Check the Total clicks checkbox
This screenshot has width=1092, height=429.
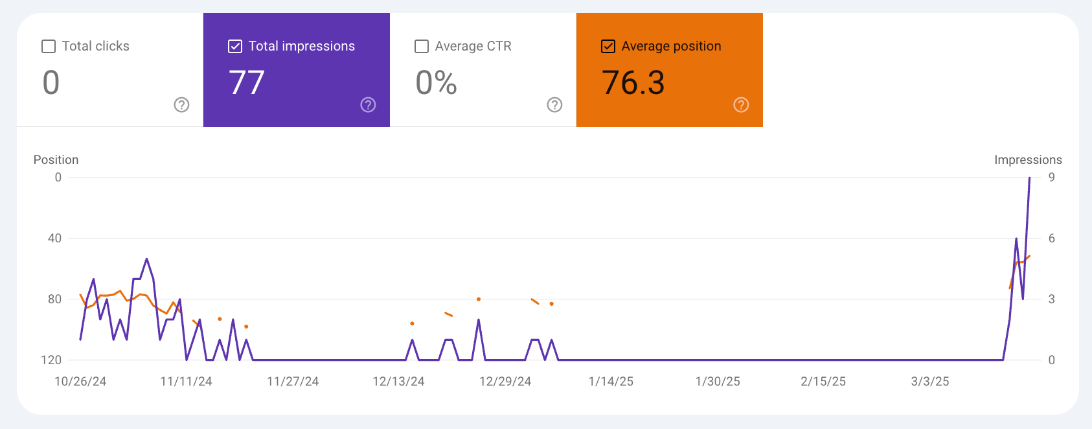(49, 47)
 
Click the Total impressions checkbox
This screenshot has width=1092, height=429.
(235, 47)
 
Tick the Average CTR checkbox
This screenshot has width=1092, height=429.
(422, 47)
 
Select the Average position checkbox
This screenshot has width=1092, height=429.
(608, 47)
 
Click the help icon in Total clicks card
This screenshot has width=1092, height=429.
(181, 105)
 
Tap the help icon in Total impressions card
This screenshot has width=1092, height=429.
(368, 105)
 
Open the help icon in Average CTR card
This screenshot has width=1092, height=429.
(554, 105)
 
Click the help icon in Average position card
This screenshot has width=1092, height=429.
(741, 105)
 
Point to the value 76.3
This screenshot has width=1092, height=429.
(633, 83)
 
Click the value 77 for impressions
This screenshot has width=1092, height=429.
(246, 83)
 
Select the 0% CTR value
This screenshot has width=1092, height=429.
(436, 83)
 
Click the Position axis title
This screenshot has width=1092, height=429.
(56, 160)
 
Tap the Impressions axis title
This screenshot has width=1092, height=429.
(1028, 160)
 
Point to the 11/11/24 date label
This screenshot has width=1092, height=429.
(186, 382)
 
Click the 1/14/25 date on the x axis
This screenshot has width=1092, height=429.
(611, 382)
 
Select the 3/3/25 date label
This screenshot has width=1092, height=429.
(930, 382)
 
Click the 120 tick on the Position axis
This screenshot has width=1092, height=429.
(51, 360)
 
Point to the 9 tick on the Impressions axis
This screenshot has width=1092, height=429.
(1052, 178)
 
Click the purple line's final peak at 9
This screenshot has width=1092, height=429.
(1029, 178)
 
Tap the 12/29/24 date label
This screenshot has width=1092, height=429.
(505, 382)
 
